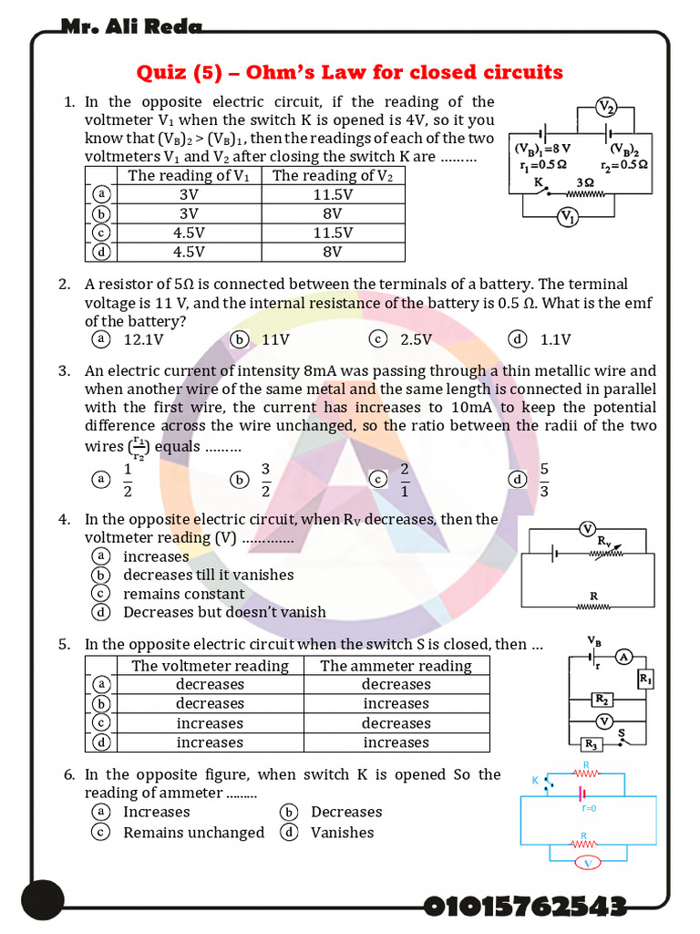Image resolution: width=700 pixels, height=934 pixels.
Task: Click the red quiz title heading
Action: click(x=349, y=72)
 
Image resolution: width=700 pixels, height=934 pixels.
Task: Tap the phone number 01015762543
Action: click(x=525, y=907)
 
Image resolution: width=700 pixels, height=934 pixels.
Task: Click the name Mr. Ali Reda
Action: click(x=132, y=26)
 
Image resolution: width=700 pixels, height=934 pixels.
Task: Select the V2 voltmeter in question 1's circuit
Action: click(x=606, y=108)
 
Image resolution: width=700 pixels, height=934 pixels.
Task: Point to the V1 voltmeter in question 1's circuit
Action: click(x=567, y=216)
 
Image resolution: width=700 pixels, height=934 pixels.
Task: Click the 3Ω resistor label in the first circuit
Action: click(x=586, y=182)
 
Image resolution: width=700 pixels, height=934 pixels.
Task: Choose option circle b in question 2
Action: click(x=240, y=339)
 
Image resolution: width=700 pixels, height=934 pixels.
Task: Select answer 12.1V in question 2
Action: click(x=143, y=340)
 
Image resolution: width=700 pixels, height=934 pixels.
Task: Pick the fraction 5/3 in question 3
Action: click(x=544, y=480)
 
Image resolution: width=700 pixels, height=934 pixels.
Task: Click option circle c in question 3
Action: click(x=378, y=480)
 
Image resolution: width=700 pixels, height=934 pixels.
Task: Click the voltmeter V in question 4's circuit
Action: click(x=588, y=529)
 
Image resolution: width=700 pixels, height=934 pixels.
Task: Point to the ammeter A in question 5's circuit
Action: click(x=623, y=657)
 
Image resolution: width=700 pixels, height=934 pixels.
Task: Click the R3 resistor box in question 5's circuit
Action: click(x=591, y=744)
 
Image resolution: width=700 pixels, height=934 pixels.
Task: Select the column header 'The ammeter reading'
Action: click(x=396, y=666)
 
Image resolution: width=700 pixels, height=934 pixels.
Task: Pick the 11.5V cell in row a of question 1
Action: click(x=333, y=194)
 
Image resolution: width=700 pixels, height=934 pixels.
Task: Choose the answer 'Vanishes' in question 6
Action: click(x=342, y=832)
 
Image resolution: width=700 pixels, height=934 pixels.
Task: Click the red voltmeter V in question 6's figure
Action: click(x=588, y=862)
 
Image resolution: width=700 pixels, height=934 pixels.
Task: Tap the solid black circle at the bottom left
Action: click(x=43, y=900)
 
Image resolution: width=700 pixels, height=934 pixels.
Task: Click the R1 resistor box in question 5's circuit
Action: click(x=645, y=680)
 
